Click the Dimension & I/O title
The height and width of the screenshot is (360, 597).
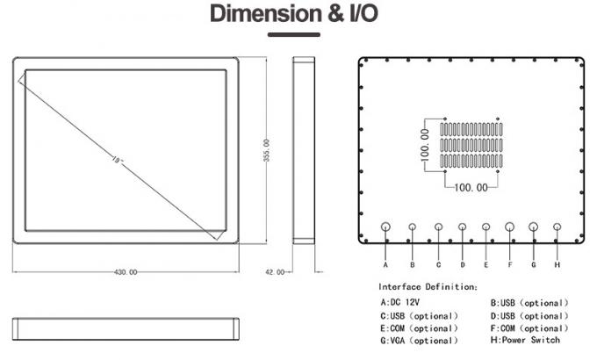[x=299, y=14]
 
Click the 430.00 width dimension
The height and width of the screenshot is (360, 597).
[x=126, y=272]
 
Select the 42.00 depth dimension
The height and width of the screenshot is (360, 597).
[x=275, y=272]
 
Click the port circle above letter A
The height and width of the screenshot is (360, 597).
[x=386, y=227]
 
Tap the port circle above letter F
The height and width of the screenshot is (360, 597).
[x=510, y=227]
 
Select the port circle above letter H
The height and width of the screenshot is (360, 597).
[x=557, y=227]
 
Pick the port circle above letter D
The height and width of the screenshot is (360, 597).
[x=463, y=227]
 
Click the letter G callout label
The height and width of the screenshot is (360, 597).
[x=533, y=263]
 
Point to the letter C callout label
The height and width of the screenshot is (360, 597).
[x=438, y=263]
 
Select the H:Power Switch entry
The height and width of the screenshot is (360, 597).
[x=524, y=340]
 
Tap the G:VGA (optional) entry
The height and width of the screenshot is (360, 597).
[x=419, y=340]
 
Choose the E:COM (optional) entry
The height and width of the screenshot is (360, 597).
[x=419, y=328]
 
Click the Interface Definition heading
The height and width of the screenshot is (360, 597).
[x=428, y=286]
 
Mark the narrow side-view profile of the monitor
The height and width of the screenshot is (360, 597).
[x=304, y=150]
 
